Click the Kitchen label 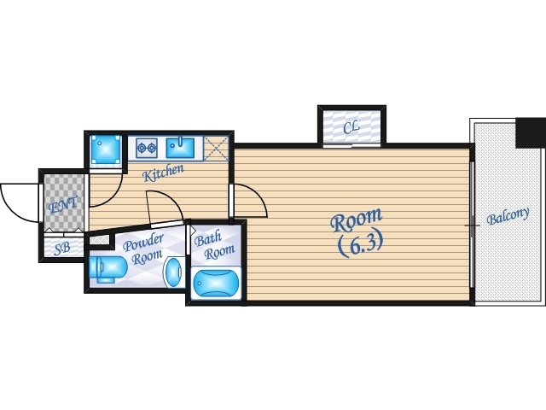point(163,173)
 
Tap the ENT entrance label point(63,205)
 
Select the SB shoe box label point(62,249)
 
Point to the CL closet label point(351,128)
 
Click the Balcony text point(508,216)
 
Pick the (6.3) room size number point(360,243)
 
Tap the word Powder point(143,243)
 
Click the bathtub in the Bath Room point(216,284)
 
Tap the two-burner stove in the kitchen point(146,148)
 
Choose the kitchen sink point(180,148)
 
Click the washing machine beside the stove point(106,150)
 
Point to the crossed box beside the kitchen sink point(216,149)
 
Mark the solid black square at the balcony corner point(531,133)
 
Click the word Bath point(207,239)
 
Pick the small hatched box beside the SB point(100,240)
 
